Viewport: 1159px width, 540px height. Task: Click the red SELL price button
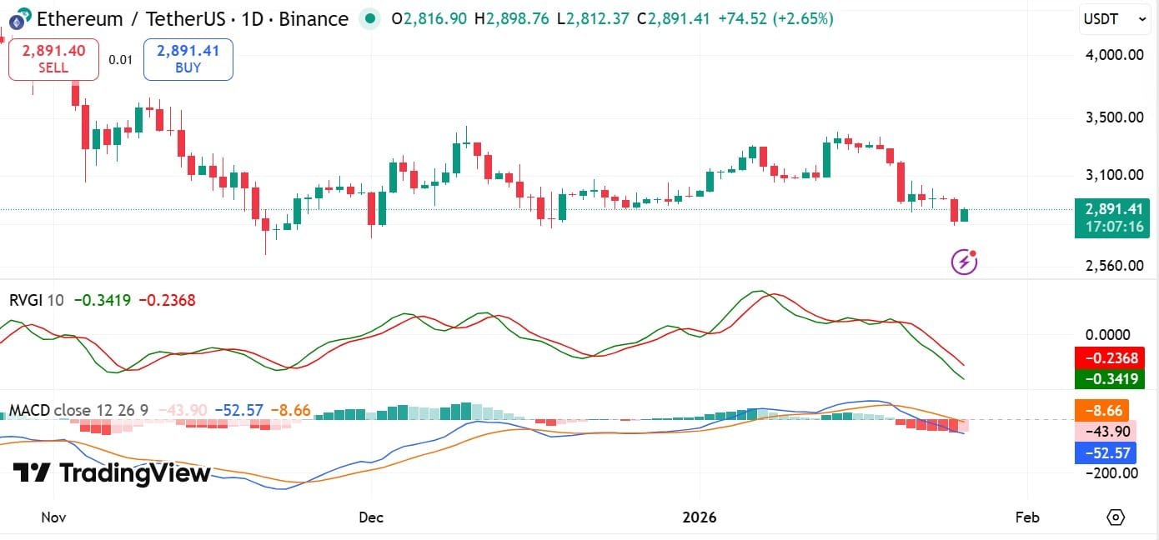coord(53,59)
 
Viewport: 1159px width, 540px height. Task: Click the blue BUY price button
coord(188,59)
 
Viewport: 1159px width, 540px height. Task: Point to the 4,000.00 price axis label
coord(1115,55)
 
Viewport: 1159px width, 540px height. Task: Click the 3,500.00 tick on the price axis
coord(1115,117)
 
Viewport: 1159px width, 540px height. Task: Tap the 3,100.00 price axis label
coord(1115,175)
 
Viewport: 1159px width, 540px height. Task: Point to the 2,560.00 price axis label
coord(1115,266)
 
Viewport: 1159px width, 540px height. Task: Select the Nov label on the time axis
coord(53,517)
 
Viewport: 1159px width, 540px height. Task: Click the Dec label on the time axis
coord(371,517)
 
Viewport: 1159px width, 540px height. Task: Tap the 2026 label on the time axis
coord(700,517)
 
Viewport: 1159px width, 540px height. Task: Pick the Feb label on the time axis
coord(1027,517)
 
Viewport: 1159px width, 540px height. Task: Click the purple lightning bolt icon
coord(965,262)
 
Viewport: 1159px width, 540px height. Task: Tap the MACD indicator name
coord(29,410)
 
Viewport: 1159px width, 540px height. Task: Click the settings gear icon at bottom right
coord(1116,517)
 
